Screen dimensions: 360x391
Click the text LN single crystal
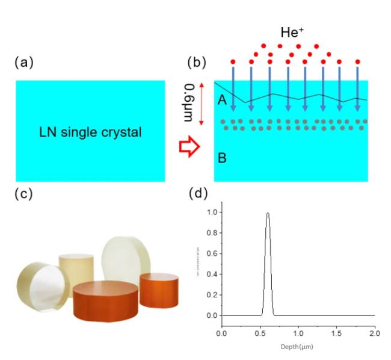90,132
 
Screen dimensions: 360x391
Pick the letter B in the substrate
221,159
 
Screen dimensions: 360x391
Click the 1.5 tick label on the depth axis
336,333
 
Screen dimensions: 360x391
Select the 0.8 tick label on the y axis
211,233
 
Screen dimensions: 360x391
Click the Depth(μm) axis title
297,347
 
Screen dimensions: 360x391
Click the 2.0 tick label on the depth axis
374,333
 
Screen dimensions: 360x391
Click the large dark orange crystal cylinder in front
105,301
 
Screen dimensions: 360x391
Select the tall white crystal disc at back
126,259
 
